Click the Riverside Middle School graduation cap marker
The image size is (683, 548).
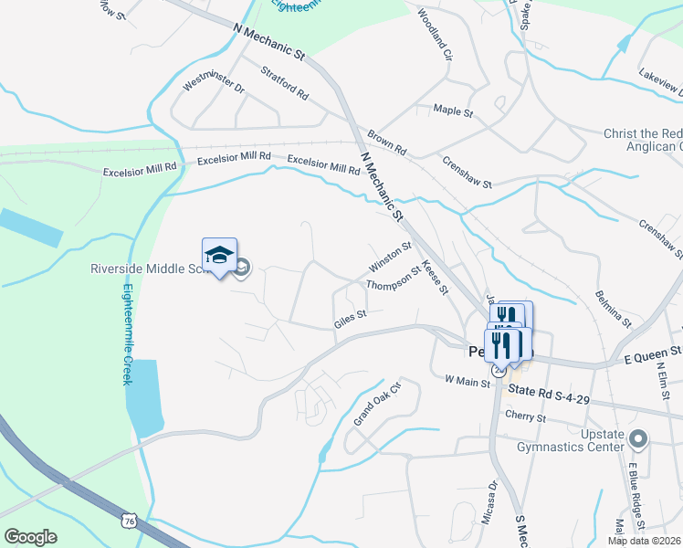tap(219, 257)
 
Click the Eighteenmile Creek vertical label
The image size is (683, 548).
tap(127, 333)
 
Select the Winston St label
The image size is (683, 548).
tap(391, 258)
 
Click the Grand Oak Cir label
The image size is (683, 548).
tap(377, 405)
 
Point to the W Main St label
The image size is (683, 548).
tap(468, 380)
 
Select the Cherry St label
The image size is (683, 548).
tap(525, 416)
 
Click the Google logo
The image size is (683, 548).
tap(31, 537)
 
